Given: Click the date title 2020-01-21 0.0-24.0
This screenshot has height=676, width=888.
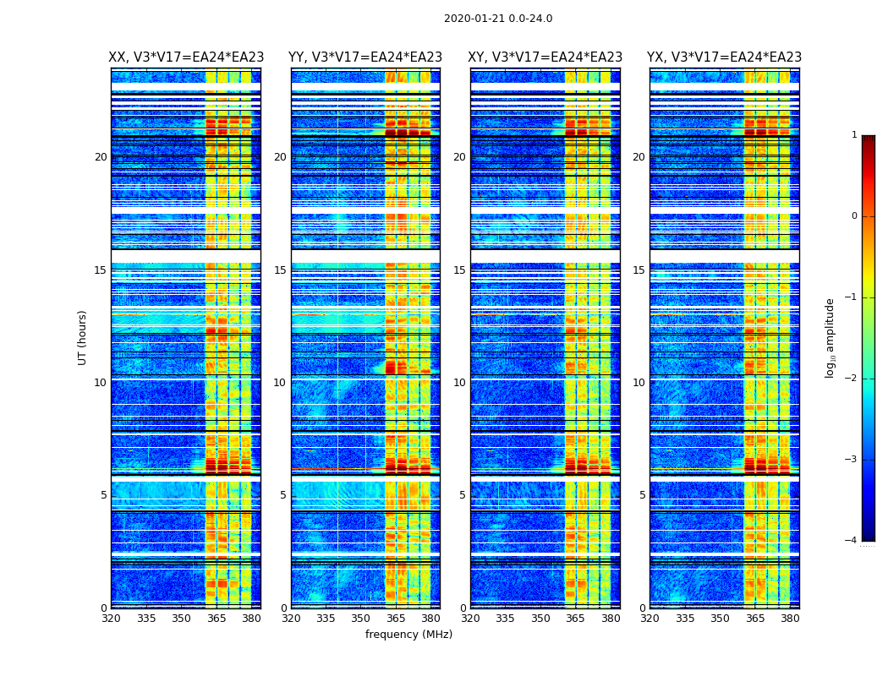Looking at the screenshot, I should click(498, 19).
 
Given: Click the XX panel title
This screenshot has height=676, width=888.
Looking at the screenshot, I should click(186, 57).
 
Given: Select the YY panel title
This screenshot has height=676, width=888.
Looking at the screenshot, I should click(365, 57).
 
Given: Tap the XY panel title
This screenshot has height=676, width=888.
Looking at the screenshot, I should click(545, 57).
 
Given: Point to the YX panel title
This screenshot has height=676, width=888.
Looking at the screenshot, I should click(725, 57).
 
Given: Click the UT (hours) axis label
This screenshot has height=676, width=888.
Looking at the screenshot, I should click(83, 337).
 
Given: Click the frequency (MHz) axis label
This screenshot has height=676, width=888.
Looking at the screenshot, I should click(408, 635).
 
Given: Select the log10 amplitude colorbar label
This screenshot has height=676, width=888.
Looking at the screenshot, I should click(830, 337).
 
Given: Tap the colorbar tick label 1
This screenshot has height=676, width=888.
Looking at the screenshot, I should click(853, 135).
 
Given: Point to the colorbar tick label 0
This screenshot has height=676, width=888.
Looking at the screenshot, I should click(853, 216).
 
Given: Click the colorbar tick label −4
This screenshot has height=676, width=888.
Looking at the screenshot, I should click(851, 541).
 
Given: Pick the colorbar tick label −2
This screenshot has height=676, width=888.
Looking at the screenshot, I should click(851, 379).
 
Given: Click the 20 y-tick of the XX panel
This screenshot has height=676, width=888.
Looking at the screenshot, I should click(101, 157).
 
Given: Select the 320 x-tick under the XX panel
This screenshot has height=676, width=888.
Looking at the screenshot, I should click(111, 619).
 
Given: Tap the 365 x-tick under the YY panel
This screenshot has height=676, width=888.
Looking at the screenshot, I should click(396, 619).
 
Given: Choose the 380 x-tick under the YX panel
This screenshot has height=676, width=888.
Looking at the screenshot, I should click(790, 619).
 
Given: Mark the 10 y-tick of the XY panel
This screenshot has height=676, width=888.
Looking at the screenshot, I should click(459, 383).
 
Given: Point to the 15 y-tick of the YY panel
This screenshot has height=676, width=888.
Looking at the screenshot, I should click(280, 270).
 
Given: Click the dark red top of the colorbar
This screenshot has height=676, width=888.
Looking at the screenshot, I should click(868, 139).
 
